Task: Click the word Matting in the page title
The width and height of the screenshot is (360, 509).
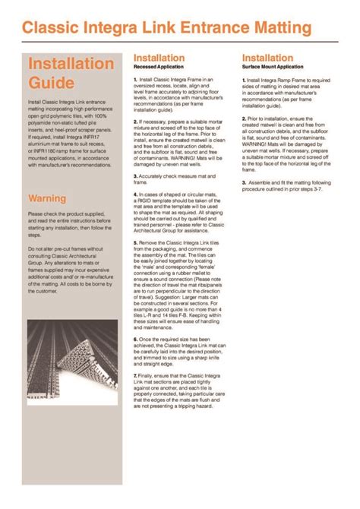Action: pyautogui.click(x=276, y=29)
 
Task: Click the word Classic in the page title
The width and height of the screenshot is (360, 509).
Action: pyautogui.click(x=52, y=29)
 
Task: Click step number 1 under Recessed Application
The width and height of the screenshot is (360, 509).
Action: pyautogui.click(x=135, y=79)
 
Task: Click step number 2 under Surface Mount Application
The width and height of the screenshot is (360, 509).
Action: pyautogui.click(x=245, y=119)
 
